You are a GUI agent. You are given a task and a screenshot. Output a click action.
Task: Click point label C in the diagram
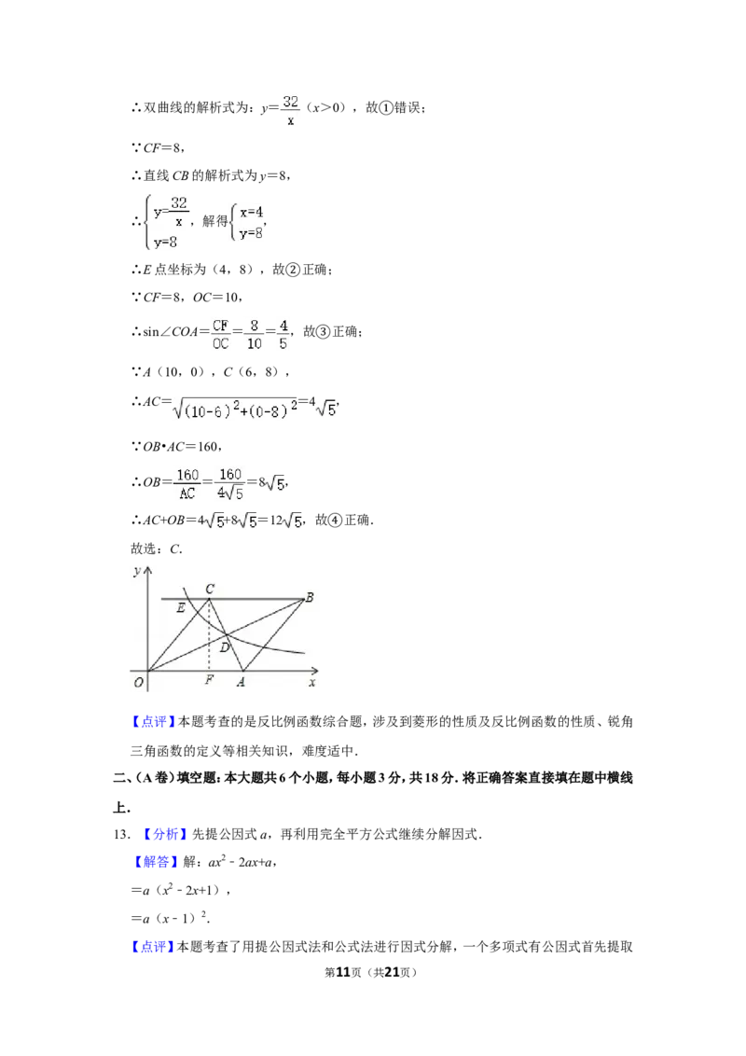tap(210, 589)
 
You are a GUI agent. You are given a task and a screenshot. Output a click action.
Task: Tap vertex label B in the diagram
tap(309, 597)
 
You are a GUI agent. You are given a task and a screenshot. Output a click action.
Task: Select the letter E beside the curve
tap(180, 608)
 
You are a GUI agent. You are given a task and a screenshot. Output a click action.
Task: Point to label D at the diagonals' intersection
tap(225, 646)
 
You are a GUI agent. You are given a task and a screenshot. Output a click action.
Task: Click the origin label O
tap(138, 682)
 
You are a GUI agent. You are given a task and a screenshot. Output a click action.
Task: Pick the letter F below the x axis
tap(209, 681)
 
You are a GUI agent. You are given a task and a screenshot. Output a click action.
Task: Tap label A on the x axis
tap(241, 682)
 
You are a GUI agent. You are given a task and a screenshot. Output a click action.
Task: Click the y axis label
tap(137, 569)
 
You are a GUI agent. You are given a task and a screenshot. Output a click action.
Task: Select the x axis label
tap(312, 683)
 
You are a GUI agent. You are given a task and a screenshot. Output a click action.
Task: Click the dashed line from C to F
tap(209, 634)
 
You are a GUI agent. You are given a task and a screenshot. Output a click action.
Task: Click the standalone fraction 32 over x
tap(290, 110)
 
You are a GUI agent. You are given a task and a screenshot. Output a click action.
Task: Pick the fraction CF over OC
tap(220, 333)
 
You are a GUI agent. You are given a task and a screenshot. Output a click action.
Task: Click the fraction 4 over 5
tap(283, 333)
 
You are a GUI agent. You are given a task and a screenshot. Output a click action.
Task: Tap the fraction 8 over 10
tap(253, 333)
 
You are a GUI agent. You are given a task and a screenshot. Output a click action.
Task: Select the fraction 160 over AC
tap(187, 483)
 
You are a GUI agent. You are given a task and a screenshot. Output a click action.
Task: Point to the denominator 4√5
tap(230, 493)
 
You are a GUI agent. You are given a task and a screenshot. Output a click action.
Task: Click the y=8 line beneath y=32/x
tap(166, 243)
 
